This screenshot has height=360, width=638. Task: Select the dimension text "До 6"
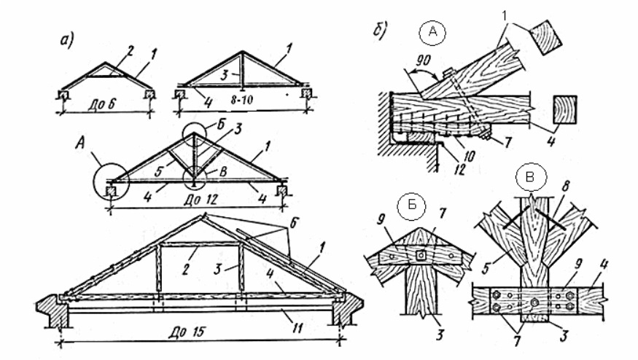(104, 101)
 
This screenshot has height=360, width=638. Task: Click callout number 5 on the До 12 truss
(160, 173)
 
